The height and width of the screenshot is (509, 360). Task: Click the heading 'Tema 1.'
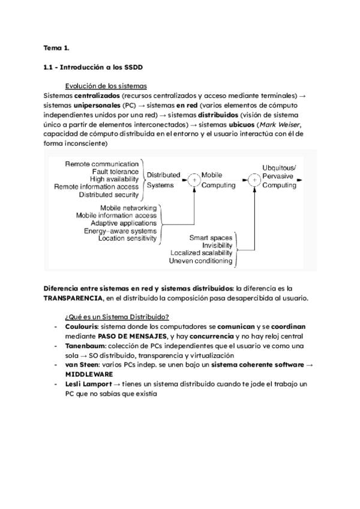click(x=56, y=47)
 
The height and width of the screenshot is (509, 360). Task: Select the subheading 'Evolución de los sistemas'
click(x=106, y=86)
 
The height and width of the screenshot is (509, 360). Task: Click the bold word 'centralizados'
click(x=96, y=95)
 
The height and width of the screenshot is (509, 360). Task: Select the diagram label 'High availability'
click(x=114, y=179)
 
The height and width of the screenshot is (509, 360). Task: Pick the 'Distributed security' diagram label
click(x=109, y=194)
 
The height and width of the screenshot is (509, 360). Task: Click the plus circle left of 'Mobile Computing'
click(x=193, y=179)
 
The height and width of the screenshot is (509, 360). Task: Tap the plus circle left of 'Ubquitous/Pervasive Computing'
click(x=254, y=179)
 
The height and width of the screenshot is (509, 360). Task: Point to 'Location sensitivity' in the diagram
click(x=127, y=238)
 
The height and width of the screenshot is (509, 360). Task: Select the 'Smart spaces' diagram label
click(x=211, y=238)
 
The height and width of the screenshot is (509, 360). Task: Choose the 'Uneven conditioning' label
click(x=200, y=261)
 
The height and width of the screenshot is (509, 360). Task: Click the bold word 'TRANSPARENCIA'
click(x=73, y=298)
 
